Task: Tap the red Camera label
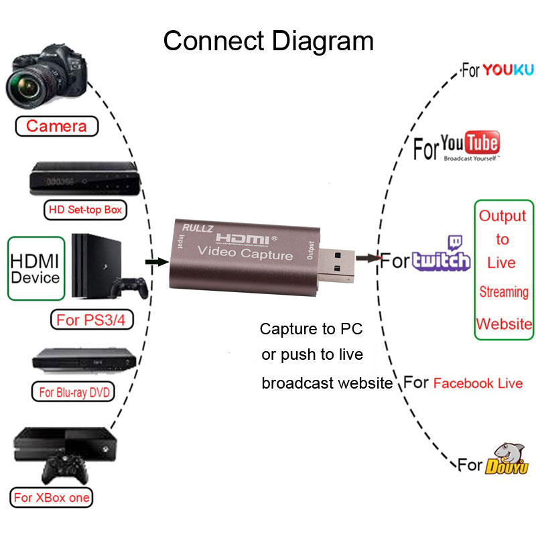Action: [x=56, y=126]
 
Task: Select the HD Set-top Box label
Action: [x=84, y=210]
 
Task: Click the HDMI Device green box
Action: [x=35, y=268]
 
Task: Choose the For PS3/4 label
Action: [x=90, y=320]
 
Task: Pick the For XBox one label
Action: [x=52, y=498]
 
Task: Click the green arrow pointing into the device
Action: [x=156, y=261]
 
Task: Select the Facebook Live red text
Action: [x=478, y=383]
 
